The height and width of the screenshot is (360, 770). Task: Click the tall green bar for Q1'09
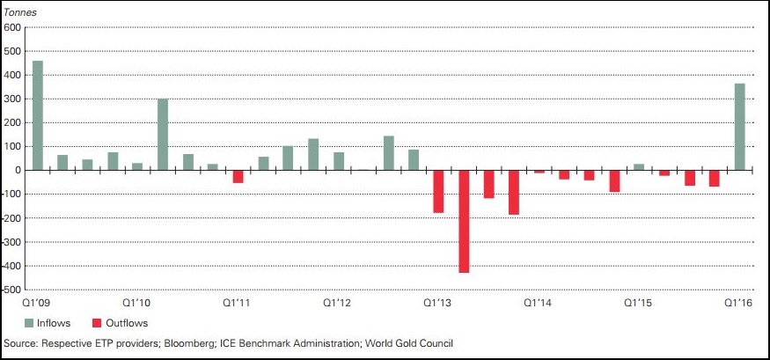click(37, 115)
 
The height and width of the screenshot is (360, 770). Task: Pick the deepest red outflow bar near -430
click(464, 221)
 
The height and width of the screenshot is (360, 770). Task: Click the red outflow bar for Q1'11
click(238, 176)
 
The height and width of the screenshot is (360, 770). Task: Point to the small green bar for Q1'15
click(639, 166)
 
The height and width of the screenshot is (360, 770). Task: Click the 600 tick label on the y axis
click(12, 27)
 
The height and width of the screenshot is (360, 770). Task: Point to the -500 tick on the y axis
click(12, 290)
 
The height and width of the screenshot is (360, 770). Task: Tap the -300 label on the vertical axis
click(12, 242)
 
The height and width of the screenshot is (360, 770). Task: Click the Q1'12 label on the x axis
click(337, 302)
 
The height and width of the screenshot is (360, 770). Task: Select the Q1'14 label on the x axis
click(539, 302)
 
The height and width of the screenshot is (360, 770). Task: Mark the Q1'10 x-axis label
click(137, 302)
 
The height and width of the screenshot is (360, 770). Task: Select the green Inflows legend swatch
click(28, 323)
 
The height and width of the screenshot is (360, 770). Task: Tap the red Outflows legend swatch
click(97, 323)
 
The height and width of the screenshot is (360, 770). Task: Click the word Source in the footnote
click(19, 342)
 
